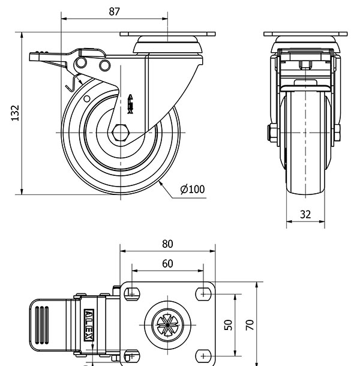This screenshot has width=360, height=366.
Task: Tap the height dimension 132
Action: point(16,113)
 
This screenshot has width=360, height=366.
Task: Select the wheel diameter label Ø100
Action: point(192,189)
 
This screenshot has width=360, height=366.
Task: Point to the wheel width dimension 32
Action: point(305,214)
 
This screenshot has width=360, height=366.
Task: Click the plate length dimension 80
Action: point(167,244)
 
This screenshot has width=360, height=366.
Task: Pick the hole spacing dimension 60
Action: point(167,263)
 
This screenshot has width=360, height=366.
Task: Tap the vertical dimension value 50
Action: point(228,325)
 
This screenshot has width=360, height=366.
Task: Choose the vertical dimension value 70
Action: point(251,325)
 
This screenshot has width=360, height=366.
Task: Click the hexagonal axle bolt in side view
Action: point(121,131)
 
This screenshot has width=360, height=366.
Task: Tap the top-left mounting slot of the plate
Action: point(131,293)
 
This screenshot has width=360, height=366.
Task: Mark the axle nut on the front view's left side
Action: point(272,133)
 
